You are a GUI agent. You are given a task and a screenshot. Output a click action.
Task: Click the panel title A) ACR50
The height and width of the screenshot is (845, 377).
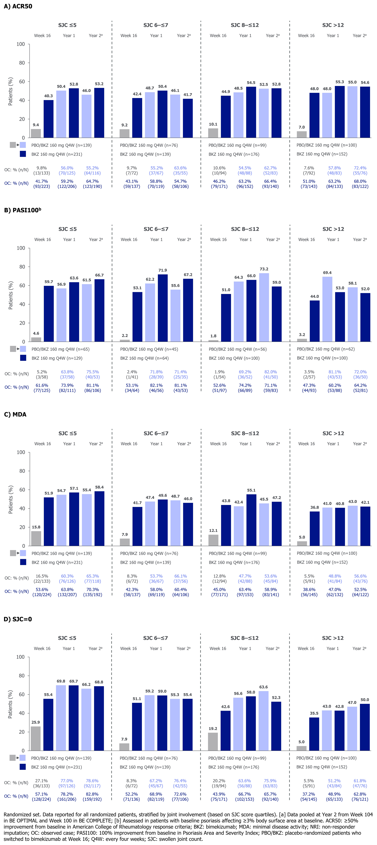coord(18,6)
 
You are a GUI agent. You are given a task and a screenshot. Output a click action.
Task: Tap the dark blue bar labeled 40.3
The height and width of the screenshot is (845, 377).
coord(49,119)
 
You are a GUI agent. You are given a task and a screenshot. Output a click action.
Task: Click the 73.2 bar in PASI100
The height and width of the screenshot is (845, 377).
coord(264,307)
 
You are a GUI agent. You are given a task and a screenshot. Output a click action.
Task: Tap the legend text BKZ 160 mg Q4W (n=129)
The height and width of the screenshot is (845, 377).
coord(57,358)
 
